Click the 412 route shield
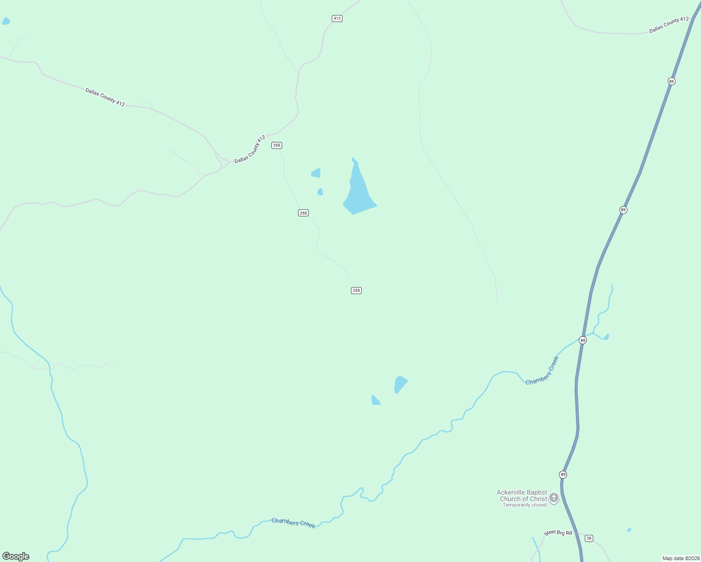click(x=337, y=18)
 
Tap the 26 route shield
click(x=589, y=538)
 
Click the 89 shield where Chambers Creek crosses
click(x=582, y=340)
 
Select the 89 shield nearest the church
click(x=563, y=474)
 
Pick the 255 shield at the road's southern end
click(x=356, y=290)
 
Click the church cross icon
click(x=553, y=497)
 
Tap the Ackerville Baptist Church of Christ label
click(x=522, y=495)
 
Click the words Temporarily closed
click(x=524, y=505)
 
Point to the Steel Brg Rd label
click(x=558, y=533)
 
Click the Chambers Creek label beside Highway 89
click(x=542, y=371)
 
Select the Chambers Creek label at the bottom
click(x=293, y=523)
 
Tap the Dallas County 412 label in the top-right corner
click(x=669, y=25)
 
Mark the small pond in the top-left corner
click(x=6, y=21)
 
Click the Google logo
click(x=15, y=556)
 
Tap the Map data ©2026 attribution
click(x=681, y=558)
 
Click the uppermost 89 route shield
click(x=671, y=81)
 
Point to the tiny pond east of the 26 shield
click(x=629, y=530)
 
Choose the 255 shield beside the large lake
click(x=303, y=213)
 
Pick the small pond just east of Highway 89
click(x=606, y=337)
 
